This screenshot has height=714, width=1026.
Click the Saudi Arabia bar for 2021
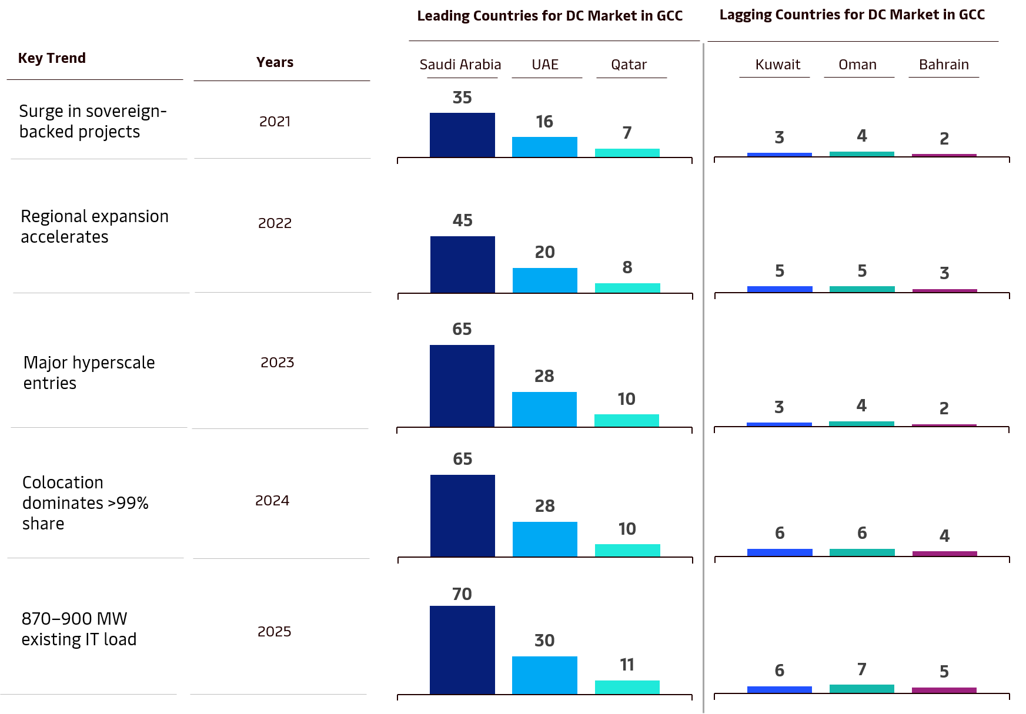pos(462,135)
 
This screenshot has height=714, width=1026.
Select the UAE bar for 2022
pos(544,280)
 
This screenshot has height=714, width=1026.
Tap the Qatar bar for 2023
pos(627,420)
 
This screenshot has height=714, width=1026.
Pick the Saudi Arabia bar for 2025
pos(462,649)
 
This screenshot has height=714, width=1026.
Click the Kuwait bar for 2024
pos(780,552)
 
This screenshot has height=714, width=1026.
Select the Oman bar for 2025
pos(862,688)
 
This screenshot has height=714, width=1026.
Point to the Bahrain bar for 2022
pos(944,290)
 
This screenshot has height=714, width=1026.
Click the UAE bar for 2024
pos(544,539)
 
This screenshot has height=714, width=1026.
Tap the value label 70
pos(462,594)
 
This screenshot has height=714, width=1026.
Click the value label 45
pos(462,220)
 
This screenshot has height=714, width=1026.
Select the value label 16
pos(544,122)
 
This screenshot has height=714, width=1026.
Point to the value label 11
pos(627,665)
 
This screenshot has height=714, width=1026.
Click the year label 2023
pos(277,362)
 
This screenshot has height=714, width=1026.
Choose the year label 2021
pos(275,122)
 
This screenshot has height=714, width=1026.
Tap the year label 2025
pos(275,632)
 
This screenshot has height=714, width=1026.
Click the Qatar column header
pos(629,65)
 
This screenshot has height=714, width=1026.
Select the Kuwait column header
pos(778,65)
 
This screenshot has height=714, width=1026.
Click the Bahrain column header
pos(944,65)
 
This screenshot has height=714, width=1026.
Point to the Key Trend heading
pos(52,58)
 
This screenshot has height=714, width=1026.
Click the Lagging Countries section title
pos(852,15)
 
